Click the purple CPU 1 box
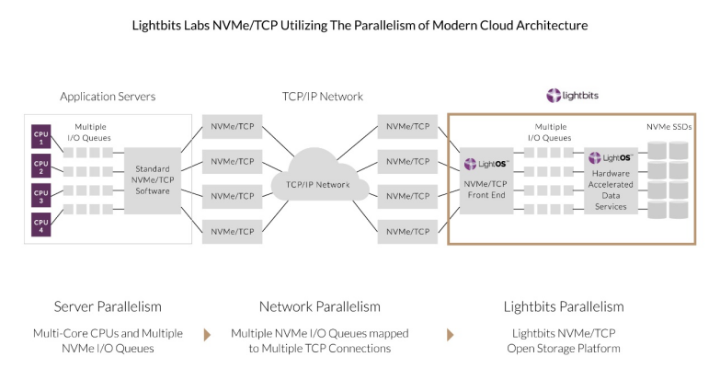click(x=40, y=137)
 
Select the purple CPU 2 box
click(x=40, y=167)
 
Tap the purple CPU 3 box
click(x=40, y=195)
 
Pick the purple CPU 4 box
click(x=40, y=224)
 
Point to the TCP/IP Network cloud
click(x=321, y=184)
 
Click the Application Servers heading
click(x=108, y=96)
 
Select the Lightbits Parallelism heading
click(x=564, y=306)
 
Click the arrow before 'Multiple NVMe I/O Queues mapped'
click(x=207, y=333)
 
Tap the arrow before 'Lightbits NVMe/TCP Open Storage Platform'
click(x=451, y=333)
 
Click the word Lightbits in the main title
click(x=160, y=26)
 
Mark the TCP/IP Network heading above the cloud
click(x=322, y=96)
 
